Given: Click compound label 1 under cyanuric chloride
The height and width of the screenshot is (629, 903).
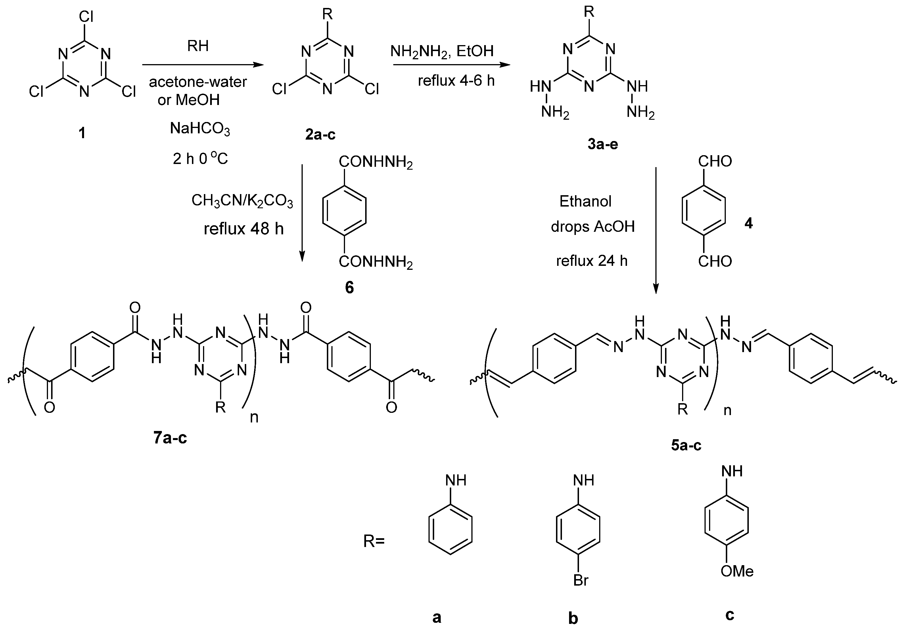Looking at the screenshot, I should pos(82,133).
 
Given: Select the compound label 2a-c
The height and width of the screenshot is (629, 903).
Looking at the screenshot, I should pos(320,135).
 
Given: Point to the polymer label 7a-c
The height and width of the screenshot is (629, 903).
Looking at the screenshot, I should pos(170,437).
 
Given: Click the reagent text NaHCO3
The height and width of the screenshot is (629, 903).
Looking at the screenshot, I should pos(200,129).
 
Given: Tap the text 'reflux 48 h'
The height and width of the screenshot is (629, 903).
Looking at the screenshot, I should pos(243,229).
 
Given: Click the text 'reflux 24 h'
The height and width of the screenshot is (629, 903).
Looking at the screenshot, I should pos(591,261).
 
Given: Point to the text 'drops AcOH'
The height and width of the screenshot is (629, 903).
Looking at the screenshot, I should pos(593,227).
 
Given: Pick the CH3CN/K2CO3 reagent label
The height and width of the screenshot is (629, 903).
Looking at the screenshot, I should pos(242,201).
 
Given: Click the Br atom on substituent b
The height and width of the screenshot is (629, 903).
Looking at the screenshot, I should pos(581,580).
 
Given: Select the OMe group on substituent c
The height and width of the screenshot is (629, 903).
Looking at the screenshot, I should pos(737,571).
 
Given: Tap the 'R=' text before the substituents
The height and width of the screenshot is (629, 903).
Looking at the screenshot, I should pos(374,541).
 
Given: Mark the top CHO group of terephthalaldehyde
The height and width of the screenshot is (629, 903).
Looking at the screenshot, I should pos(715,161).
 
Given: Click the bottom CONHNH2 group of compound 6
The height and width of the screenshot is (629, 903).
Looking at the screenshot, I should pos(376,262).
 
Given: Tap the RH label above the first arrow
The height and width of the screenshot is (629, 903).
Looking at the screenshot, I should pos(198,46).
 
